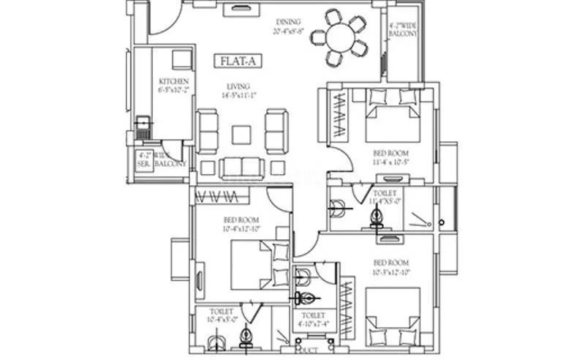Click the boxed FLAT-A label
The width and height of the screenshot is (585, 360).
coord(233,61)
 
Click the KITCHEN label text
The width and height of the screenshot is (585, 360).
coord(174,81)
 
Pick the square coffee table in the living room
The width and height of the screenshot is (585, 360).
coord(241,135)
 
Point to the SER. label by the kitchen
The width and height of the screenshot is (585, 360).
coord(143,160)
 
